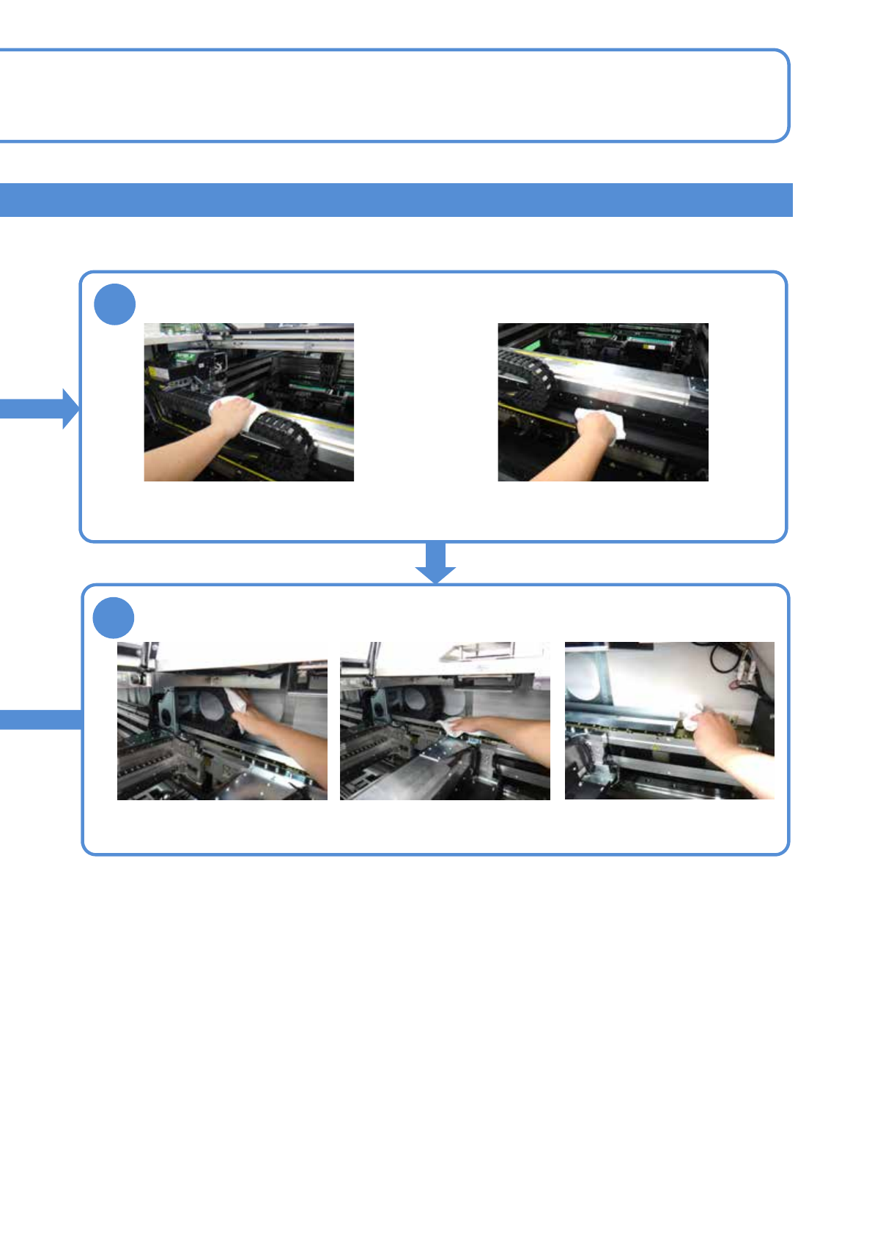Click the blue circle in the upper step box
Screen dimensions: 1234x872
[x=115, y=305]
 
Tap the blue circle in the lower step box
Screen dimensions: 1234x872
[x=114, y=618]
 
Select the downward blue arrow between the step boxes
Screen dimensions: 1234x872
[x=436, y=562]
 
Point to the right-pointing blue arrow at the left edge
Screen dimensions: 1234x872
[x=40, y=408]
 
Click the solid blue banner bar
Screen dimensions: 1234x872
[x=396, y=200]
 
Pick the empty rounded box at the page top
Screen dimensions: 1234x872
[x=396, y=95]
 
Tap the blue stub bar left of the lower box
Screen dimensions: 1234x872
[x=40, y=720]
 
